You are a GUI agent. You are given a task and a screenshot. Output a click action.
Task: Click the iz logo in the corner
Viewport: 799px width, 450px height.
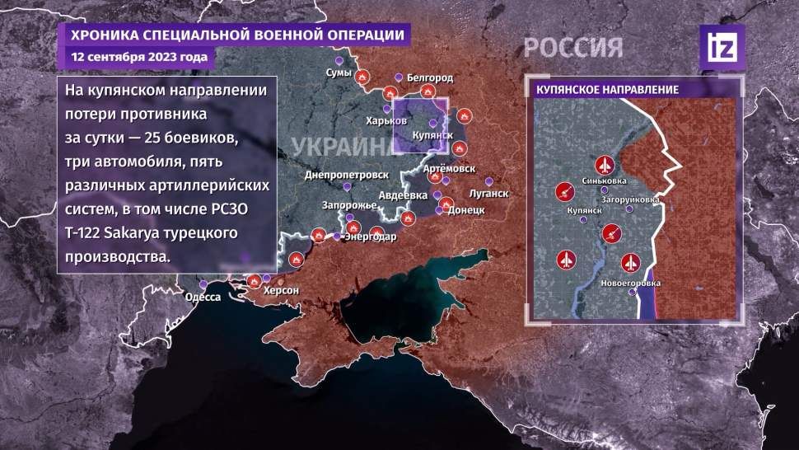coord(722,47)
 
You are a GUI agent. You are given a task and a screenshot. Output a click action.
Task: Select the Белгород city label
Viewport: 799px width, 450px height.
coord(429,77)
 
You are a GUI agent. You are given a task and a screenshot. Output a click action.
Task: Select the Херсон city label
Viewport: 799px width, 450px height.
coord(280,291)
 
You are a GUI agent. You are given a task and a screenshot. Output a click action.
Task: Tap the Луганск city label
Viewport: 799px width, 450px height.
coord(487,194)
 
